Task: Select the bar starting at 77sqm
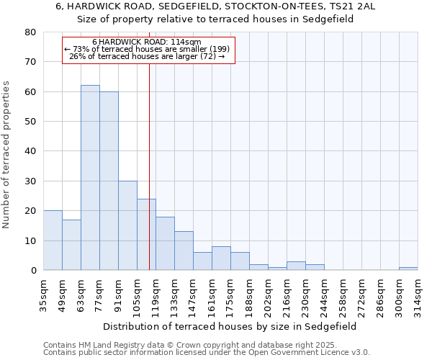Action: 109,181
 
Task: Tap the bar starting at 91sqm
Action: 127,225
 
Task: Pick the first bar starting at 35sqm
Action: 53,240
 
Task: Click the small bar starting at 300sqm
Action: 408,269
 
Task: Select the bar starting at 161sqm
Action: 221,258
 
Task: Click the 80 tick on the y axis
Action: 30,32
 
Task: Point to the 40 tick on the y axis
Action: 30,151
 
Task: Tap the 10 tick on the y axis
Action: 30,240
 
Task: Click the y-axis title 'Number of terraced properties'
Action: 6,154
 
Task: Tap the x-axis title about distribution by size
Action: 230,326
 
